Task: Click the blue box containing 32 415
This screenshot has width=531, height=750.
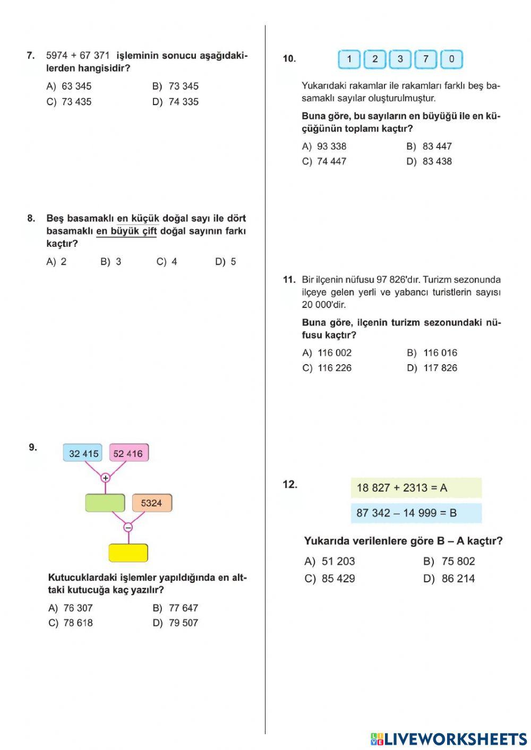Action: coord(83,453)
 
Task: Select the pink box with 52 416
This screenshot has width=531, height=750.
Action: coord(129,453)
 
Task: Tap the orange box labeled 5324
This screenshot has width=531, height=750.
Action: coord(151,503)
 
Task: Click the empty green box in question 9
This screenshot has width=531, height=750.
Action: coord(105,503)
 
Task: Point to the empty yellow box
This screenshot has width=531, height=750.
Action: coord(128,553)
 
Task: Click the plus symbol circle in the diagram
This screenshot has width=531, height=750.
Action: coord(105,478)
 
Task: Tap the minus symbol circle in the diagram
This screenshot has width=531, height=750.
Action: coord(128,527)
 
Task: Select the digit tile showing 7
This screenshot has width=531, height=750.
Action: coord(426,59)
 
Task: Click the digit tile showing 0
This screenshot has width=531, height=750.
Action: coord(451,59)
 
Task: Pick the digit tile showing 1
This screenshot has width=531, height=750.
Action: coord(349,59)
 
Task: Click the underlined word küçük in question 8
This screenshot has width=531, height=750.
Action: coord(145,218)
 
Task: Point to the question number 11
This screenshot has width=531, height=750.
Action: coord(289,279)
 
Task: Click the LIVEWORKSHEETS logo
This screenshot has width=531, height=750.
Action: coord(449,739)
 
